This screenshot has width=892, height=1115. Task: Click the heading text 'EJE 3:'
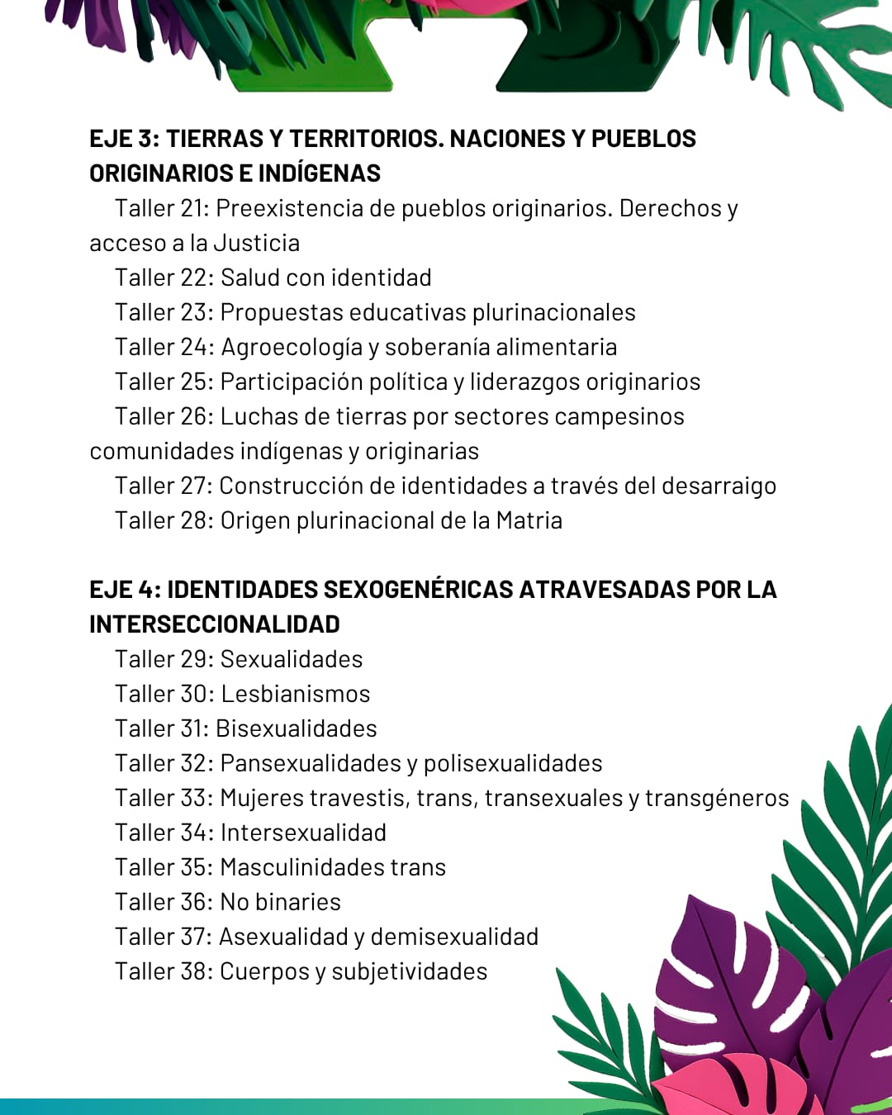coord(124,139)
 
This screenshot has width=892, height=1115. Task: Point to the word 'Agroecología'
coord(292,348)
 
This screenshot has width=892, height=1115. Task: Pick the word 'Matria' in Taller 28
coord(529,520)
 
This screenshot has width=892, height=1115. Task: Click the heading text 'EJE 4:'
coord(125,590)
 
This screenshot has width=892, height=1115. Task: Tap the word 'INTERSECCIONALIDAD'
coord(215,624)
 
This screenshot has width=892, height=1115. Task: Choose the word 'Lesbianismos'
coord(295,694)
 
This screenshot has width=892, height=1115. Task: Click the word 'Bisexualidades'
coord(296,728)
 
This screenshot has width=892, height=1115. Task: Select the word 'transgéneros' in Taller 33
coord(717,798)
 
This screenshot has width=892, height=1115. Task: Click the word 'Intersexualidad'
coord(303,833)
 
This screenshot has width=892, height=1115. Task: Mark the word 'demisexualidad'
coord(454,937)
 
